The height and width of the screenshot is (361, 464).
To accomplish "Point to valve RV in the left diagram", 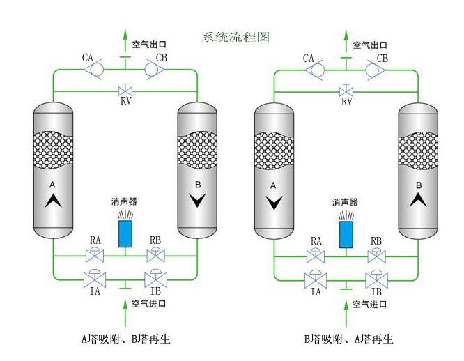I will pyautogui.click(x=125, y=91).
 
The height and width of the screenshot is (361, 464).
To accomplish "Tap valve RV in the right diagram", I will pyautogui.click(x=346, y=91).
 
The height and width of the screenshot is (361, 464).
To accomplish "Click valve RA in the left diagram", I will pyautogui.click(x=95, y=256).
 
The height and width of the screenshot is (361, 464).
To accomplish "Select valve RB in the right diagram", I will pyautogui.click(x=376, y=256).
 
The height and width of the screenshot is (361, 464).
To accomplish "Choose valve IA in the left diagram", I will pyautogui.click(x=94, y=280).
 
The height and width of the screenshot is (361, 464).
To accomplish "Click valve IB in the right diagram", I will pyautogui.click(x=376, y=280).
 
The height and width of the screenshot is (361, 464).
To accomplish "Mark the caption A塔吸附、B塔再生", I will pyautogui.click(x=125, y=339).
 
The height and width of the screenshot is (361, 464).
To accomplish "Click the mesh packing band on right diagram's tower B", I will pyautogui.click(x=418, y=146).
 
